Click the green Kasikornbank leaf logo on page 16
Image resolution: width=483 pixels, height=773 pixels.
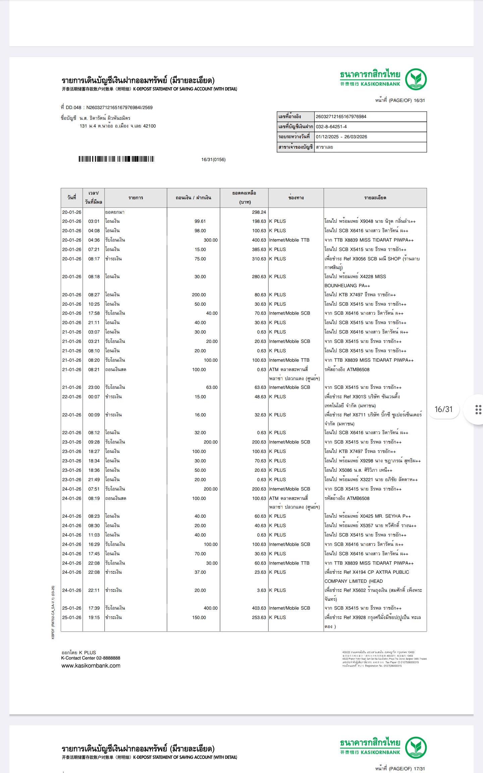pos(416,79)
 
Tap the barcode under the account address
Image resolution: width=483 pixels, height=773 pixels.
pos(116,159)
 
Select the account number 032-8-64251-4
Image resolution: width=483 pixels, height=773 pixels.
pos(331,127)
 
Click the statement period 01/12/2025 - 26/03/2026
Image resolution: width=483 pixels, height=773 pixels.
pos(341,137)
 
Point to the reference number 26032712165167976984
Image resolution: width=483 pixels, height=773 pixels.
pos(341,117)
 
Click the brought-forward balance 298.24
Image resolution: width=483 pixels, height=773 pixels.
pos(259,212)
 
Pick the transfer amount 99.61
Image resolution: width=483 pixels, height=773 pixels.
pos(200,221)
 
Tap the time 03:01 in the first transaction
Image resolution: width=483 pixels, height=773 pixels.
pos(94,221)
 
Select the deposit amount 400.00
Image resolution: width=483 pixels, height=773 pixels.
pos(210,608)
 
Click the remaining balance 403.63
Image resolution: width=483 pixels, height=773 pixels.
pos(259,608)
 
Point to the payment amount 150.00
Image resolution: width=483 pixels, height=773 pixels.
pos(199,617)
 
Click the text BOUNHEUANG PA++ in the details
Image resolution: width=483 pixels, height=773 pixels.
pos(347,286)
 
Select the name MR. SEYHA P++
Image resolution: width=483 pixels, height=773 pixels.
pos(393,516)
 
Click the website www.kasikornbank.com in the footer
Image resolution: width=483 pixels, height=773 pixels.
pos(91,666)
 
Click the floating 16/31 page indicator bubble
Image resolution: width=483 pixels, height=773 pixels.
pos(443,409)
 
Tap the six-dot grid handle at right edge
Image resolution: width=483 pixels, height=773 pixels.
pos(478,410)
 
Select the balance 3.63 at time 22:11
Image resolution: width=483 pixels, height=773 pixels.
pos(261,590)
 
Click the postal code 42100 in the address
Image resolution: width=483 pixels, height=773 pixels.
pos(149,126)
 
